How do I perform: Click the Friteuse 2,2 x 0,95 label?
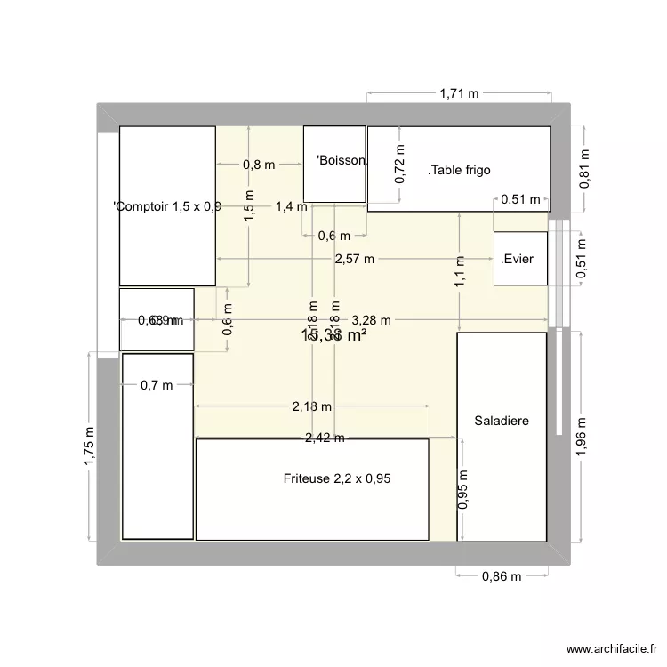tap(337, 478)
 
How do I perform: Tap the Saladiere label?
tap(502, 421)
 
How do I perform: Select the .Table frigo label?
tap(459, 170)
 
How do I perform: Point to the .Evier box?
tap(520, 259)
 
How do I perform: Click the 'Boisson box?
tap(335, 164)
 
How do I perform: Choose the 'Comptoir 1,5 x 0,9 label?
tap(167, 206)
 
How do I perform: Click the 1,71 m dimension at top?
tap(458, 92)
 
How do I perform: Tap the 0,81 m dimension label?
tap(584, 168)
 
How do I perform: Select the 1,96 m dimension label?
tap(583, 438)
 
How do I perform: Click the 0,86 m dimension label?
tap(501, 576)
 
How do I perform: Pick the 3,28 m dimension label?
tap(371, 320)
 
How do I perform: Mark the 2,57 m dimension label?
tap(355, 259)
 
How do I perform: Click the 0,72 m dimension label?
tap(399, 165)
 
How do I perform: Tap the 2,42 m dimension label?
tap(325, 438)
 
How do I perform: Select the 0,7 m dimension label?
tap(156, 385)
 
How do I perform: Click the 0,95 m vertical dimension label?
tap(462, 490)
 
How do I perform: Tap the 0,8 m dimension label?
tap(259, 164)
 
